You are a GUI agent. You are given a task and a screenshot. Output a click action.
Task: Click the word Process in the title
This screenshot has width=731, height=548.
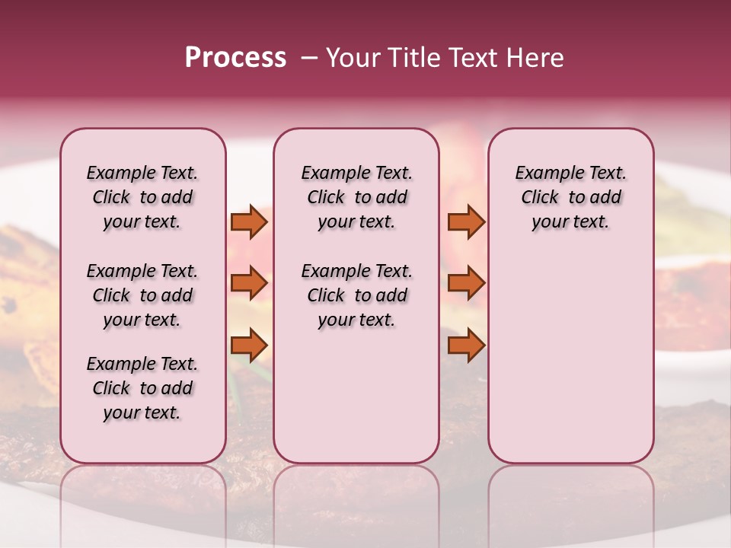(x=235, y=58)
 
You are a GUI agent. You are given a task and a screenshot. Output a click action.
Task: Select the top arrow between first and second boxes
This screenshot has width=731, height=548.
(x=248, y=222)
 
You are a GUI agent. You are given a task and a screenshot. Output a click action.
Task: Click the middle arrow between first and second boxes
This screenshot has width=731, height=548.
(x=248, y=283)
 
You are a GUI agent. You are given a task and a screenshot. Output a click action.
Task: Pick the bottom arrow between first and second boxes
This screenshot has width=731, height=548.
(x=248, y=346)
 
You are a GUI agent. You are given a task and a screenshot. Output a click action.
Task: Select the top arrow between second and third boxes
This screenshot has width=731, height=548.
(x=466, y=222)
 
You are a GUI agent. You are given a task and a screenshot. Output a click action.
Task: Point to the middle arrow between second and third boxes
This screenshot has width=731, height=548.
(x=466, y=283)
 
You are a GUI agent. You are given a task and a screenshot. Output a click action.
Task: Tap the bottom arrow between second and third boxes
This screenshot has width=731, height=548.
(x=466, y=346)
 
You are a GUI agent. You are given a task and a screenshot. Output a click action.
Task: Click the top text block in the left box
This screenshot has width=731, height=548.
(x=142, y=197)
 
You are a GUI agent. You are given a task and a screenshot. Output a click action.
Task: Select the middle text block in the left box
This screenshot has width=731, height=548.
(x=142, y=295)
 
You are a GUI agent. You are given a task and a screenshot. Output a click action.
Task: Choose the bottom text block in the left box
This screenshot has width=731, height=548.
(x=142, y=388)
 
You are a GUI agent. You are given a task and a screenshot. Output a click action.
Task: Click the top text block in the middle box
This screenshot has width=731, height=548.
(x=356, y=197)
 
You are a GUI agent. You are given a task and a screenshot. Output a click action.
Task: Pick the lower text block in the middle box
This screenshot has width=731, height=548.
(x=356, y=295)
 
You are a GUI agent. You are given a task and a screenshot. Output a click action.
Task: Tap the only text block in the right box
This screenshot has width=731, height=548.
(x=570, y=197)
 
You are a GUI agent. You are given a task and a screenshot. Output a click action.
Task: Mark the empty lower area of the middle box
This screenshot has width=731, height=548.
(x=356, y=396)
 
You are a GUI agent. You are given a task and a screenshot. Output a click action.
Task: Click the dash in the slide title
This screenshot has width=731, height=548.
(x=309, y=58)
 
